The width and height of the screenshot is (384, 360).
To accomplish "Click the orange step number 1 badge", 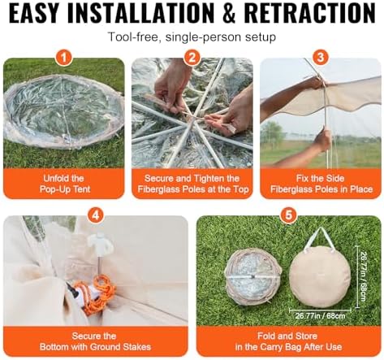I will tap(64, 58).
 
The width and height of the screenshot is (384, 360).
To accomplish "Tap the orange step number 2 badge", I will tap(192, 58).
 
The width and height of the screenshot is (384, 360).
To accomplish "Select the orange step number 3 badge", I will tap(320, 58).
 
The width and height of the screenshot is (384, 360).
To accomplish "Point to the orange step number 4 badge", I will tap(96, 215).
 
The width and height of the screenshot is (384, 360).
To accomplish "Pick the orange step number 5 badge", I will tap(287, 215).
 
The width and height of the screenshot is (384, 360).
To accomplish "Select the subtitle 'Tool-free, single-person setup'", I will tap(192, 37).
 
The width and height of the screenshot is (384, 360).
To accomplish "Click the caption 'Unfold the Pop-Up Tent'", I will tap(64, 184).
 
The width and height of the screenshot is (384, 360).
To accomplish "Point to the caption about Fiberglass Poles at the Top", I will tap(192, 184).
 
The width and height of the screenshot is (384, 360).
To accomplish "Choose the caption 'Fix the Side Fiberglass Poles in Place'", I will tap(320, 184).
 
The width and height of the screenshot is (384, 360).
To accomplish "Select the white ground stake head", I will tap(102, 243).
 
